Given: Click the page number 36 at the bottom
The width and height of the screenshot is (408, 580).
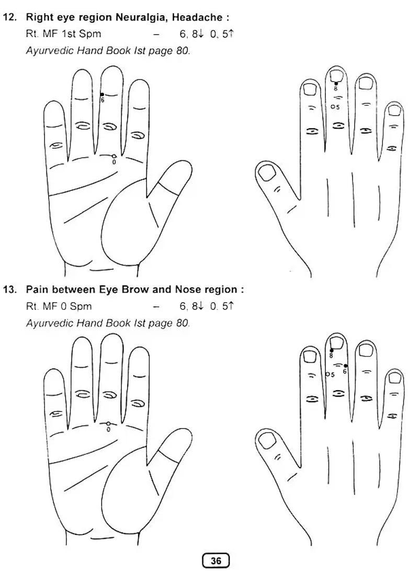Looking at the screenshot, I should coord(216,561).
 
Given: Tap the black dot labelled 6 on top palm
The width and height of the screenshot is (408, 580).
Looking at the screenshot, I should coord(102,94).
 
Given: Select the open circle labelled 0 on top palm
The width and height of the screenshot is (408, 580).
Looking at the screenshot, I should coord(114,156).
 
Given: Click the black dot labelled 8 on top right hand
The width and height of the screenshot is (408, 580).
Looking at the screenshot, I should coord(336,83).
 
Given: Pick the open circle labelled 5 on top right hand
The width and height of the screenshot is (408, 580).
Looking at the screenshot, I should coord(333,106).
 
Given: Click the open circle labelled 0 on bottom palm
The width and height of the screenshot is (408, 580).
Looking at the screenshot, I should coord(108,423).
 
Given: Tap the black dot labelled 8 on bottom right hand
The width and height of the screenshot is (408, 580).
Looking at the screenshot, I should coord(331,350).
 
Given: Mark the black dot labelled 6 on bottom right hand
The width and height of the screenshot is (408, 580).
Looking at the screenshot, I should coord(345,366).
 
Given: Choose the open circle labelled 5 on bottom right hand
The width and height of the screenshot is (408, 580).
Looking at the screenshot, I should coord(327,374).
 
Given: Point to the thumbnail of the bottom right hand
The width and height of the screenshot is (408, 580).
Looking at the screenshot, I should coord(267,441).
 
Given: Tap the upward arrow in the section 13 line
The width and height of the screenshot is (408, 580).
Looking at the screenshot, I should coord(231,306).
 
